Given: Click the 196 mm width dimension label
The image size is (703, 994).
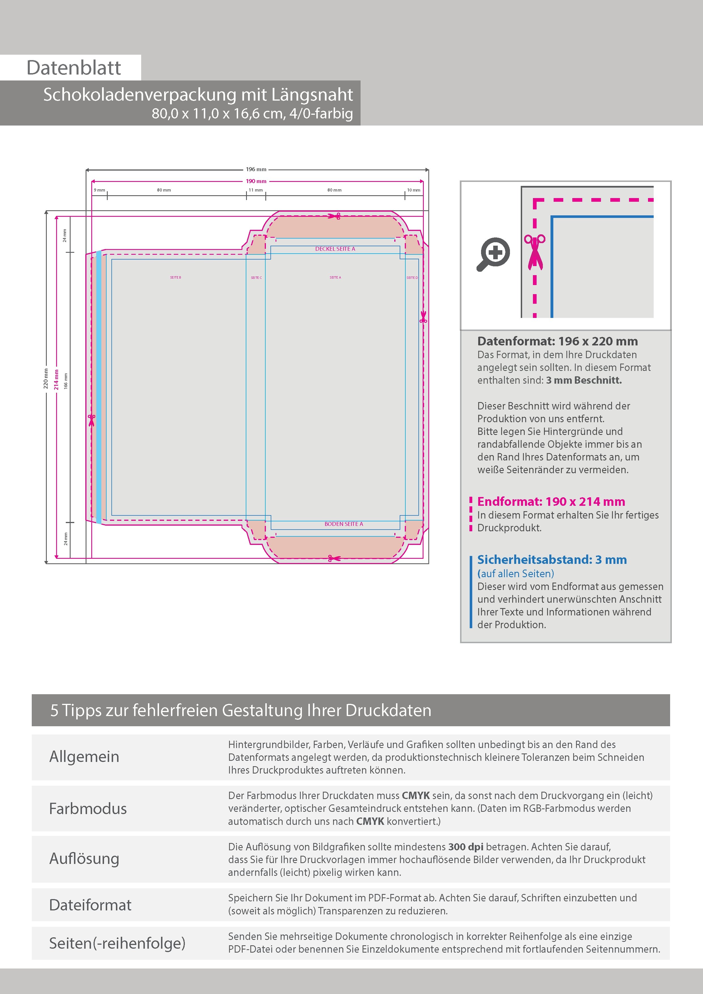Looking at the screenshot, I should (256, 169).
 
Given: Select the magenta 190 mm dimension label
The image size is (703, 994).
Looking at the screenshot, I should (256, 181).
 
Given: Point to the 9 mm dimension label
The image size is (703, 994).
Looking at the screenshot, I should (99, 190).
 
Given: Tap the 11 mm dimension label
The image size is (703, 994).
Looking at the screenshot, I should (256, 190).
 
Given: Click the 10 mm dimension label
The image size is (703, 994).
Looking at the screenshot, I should (413, 190).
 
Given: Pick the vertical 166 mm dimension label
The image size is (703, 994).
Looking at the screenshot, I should (66, 381).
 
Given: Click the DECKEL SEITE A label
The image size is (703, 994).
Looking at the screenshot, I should (335, 249).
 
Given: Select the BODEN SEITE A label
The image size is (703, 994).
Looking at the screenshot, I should (344, 524).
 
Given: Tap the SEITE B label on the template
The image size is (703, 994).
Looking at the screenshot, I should (175, 277).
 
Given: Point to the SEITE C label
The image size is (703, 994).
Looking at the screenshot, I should (256, 277).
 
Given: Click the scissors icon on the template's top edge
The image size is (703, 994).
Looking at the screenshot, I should (334, 216).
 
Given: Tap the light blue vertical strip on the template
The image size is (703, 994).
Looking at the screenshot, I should (99, 387).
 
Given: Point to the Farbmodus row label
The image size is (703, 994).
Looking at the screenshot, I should (88, 808).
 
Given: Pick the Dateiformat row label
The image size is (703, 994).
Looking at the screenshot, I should (90, 904).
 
